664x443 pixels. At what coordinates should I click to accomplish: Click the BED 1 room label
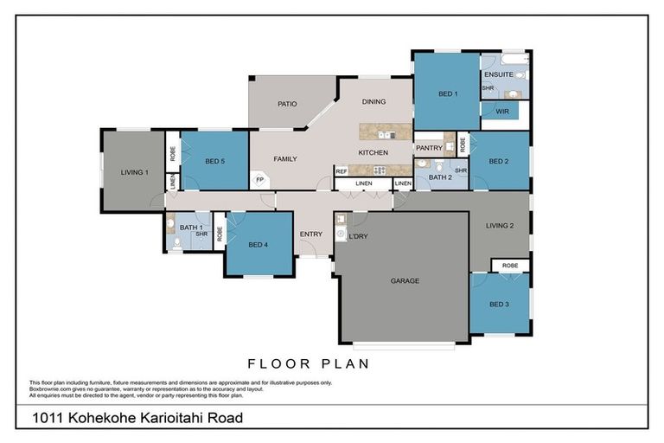click(448, 93)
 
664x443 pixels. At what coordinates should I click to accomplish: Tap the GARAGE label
click(405, 281)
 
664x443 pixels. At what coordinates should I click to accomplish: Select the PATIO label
click(287, 104)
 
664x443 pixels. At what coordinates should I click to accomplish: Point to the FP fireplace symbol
click(259, 180)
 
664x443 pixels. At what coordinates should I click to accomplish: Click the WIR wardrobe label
click(502, 112)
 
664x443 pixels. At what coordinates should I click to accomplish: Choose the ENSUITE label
click(498, 74)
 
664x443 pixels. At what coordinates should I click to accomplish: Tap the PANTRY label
click(429, 148)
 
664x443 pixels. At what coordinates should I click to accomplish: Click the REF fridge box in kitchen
click(342, 171)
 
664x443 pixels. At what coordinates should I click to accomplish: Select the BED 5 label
click(215, 161)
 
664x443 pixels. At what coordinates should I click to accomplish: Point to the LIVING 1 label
click(134, 172)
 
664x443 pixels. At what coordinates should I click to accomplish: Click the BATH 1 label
click(189, 228)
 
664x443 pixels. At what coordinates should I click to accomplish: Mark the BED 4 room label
click(258, 245)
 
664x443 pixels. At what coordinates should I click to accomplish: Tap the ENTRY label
click(311, 234)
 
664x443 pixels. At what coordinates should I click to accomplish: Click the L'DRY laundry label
click(358, 235)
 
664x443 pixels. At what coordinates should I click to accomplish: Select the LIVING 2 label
click(500, 226)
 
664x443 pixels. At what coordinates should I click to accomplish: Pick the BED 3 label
click(499, 304)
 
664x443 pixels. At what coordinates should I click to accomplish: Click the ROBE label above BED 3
click(510, 266)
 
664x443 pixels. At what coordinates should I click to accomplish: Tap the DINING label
click(373, 102)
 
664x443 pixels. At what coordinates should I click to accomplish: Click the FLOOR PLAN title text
click(309, 363)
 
